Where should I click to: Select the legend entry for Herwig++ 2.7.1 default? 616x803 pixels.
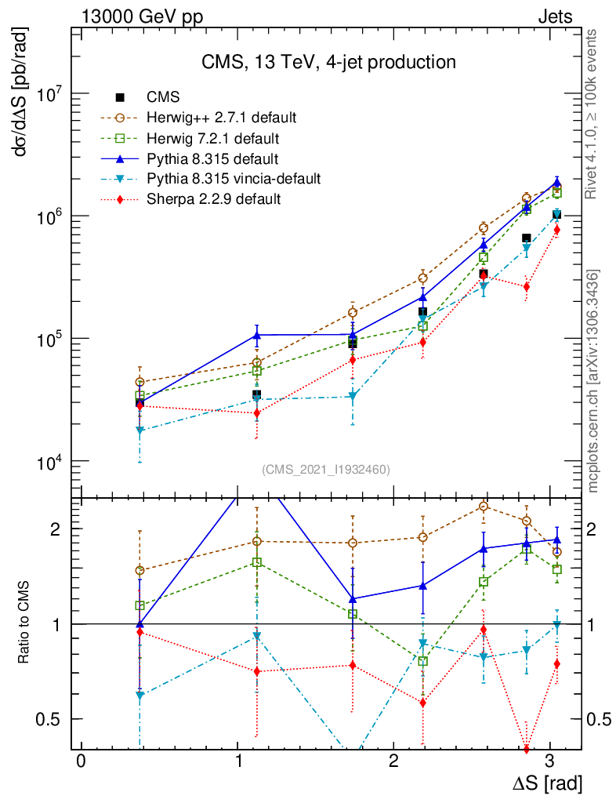(x=221, y=118)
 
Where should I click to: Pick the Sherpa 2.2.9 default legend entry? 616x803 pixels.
(x=213, y=199)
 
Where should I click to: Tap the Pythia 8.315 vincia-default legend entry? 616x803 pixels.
(x=234, y=179)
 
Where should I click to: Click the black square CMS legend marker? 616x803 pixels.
(x=120, y=98)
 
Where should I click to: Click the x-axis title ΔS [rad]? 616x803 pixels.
(x=546, y=783)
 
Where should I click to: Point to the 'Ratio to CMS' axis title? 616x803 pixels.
(x=26, y=623)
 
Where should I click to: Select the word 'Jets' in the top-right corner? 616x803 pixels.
(x=554, y=16)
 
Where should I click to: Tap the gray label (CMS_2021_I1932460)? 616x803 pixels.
(x=325, y=470)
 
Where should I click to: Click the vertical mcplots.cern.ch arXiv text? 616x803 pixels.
(x=593, y=380)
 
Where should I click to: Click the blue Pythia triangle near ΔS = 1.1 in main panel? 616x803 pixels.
(x=256, y=335)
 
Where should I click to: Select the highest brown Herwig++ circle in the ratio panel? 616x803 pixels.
(x=484, y=507)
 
